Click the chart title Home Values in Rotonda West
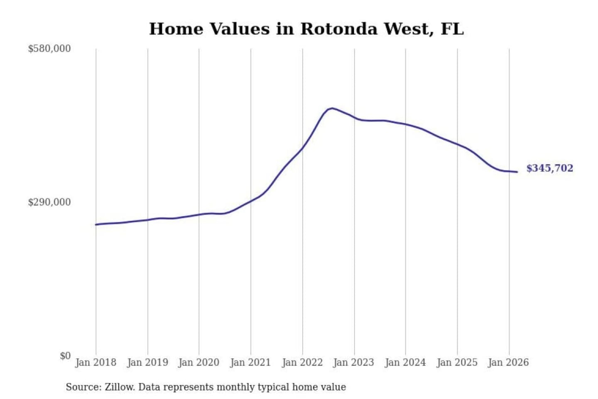(x=306, y=29)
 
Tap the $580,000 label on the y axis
(x=49, y=49)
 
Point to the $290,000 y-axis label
(x=49, y=202)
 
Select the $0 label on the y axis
(x=65, y=356)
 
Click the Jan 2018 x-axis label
(x=96, y=362)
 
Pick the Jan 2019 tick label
(x=147, y=362)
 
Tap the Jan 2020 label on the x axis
(x=199, y=362)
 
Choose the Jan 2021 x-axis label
(x=250, y=362)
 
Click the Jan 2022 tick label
(x=302, y=362)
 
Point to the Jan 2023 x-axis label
(x=353, y=362)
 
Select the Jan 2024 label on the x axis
(x=405, y=362)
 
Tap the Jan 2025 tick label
(x=457, y=362)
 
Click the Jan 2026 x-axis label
(x=508, y=362)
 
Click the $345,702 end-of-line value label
(x=549, y=168)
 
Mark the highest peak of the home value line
(x=332, y=108)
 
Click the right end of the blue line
(x=517, y=172)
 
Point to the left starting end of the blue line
(x=96, y=224)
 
